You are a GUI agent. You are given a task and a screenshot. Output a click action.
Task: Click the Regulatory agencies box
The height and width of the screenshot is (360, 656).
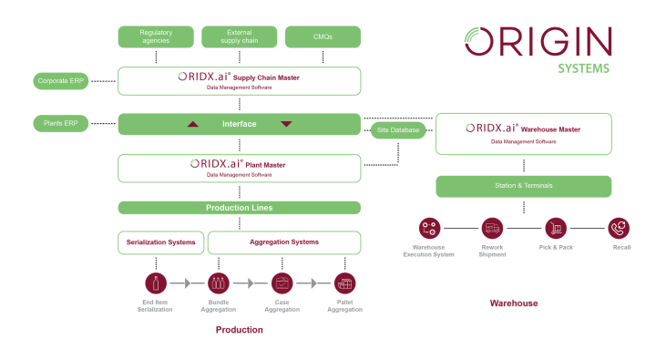click(156, 36)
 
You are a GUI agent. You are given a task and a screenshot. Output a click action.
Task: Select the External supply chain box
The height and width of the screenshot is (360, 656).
click(239, 36)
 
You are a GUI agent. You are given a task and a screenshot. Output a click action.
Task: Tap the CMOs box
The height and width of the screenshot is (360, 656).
click(322, 36)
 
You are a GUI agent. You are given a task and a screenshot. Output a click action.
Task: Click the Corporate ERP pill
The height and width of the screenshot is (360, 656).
click(61, 81)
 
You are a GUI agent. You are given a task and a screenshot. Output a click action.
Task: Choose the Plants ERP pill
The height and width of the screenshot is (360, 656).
click(61, 123)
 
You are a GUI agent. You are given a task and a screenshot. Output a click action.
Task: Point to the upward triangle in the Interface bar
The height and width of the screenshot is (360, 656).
click(192, 124)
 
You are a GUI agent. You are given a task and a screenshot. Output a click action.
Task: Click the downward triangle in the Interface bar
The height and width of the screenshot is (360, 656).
click(286, 124)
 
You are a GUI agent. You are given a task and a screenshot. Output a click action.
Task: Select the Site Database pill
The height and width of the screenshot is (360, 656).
click(398, 130)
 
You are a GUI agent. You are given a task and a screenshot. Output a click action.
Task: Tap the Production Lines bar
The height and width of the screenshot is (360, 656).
click(239, 208)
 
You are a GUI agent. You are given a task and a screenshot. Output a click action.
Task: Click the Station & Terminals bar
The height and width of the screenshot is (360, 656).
click(523, 186)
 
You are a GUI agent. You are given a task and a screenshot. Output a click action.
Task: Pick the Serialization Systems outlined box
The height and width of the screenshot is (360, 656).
click(161, 242)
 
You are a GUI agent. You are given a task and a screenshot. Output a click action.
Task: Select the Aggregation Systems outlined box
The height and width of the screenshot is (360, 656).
click(283, 242)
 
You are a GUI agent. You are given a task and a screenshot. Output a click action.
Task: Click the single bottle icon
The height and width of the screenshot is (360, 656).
click(156, 283)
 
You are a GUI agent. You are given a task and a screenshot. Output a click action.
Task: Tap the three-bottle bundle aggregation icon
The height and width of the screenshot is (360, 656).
click(217, 283)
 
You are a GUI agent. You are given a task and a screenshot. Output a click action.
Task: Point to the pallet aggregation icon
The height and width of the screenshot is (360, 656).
click(344, 283)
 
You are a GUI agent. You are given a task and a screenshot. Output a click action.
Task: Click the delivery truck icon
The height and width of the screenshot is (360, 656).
click(492, 228)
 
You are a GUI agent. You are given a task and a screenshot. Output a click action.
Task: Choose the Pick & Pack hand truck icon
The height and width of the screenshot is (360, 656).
click(556, 228)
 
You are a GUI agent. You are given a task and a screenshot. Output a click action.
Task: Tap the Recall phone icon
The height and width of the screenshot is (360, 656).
click(619, 228)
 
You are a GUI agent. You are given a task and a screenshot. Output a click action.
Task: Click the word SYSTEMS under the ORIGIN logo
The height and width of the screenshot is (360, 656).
click(583, 68)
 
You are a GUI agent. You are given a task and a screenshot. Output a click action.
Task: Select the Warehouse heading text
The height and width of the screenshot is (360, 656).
click(514, 303)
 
